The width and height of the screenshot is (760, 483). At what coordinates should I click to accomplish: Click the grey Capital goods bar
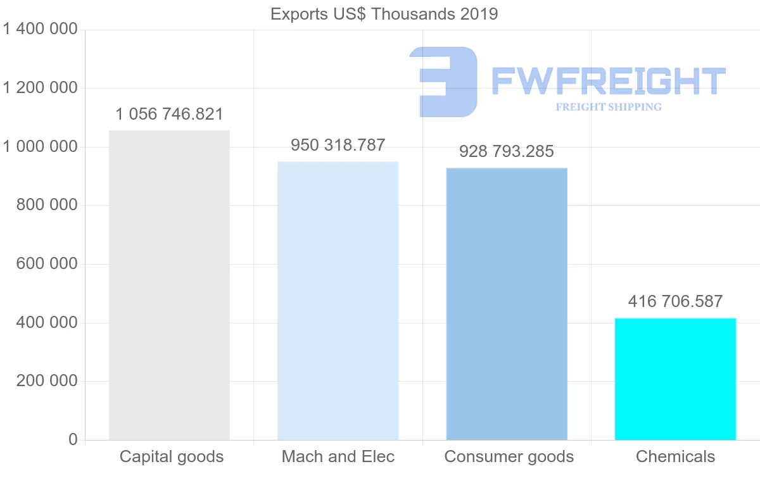169,285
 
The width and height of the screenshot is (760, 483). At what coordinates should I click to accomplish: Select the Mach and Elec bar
338,301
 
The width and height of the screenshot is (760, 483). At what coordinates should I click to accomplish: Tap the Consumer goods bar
507,304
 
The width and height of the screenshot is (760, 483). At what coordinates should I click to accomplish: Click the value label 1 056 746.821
169,115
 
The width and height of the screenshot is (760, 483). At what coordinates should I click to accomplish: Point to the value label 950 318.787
338,145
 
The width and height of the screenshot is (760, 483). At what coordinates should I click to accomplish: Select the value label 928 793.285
507,151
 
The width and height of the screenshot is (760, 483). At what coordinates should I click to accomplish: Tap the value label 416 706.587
675,301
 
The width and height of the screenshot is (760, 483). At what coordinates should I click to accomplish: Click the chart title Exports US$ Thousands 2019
384,14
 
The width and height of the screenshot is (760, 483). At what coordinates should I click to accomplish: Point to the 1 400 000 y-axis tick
40,29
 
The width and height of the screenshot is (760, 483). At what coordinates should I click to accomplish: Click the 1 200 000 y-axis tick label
40,88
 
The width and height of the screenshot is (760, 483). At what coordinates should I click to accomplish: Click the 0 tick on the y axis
73,440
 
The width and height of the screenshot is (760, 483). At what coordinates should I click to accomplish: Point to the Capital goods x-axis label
172,456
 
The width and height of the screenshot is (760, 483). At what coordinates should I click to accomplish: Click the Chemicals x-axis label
675,456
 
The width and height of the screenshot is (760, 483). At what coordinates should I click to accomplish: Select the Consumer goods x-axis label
509,456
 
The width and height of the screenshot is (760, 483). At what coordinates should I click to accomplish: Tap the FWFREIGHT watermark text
608,81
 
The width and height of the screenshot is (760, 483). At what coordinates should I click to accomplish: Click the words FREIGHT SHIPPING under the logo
609,107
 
